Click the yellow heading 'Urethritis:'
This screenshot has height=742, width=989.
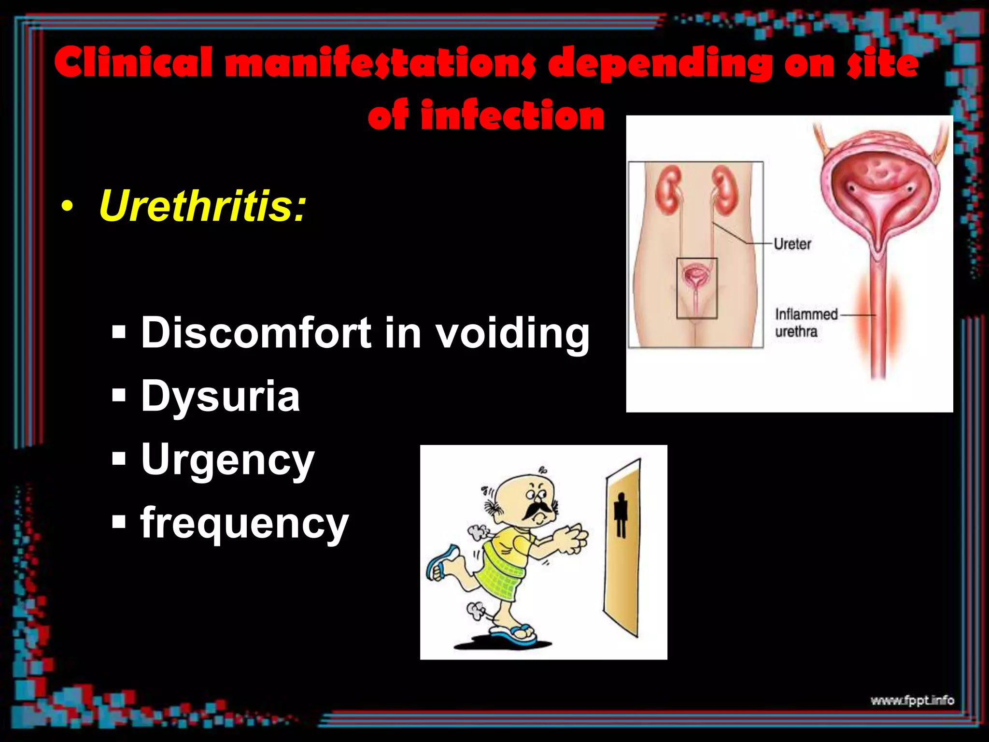(202, 206)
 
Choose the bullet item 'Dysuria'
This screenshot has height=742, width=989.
(220, 396)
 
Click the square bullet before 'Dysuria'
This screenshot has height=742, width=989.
(118, 396)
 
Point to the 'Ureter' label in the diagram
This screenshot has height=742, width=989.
(792, 244)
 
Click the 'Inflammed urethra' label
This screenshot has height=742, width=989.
(805, 323)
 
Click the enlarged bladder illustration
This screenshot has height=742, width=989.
(880, 188)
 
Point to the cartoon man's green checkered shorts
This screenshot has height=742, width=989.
(500, 575)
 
